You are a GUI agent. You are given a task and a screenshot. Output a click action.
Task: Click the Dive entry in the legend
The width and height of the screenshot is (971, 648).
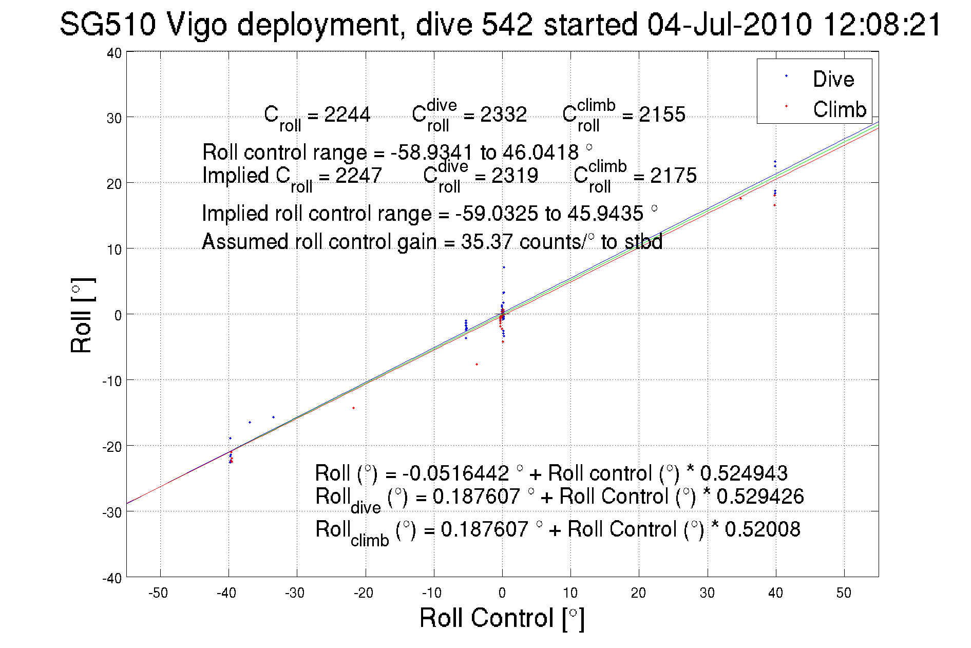[833, 79]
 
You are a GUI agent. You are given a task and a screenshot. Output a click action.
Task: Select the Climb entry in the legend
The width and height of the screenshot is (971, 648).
[839, 109]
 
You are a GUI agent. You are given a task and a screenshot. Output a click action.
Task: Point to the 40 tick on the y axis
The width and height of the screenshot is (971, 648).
[114, 53]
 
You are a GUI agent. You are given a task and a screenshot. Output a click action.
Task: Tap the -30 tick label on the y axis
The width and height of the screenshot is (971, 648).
[112, 512]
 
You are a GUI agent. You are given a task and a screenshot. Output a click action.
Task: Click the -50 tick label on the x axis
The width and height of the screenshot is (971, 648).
[158, 593]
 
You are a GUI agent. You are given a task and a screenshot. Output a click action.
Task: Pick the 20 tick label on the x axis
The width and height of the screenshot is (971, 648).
[638, 593]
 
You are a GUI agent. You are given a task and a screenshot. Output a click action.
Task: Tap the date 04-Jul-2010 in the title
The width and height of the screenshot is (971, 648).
[729, 24]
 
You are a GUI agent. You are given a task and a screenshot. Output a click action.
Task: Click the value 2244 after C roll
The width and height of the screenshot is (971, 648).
[347, 115]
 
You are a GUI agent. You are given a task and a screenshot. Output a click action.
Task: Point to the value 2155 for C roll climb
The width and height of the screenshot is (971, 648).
[662, 115]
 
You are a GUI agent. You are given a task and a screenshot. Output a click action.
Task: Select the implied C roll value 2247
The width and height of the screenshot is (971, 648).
[358, 176]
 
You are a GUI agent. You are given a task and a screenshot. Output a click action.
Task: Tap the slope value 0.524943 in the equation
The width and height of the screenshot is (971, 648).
[744, 473]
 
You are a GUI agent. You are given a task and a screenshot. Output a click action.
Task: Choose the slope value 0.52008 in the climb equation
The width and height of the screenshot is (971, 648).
[762, 529]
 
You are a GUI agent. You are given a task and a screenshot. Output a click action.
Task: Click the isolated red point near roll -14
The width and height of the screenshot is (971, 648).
[353, 408]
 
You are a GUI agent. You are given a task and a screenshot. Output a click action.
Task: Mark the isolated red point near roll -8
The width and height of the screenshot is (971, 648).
[477, 365]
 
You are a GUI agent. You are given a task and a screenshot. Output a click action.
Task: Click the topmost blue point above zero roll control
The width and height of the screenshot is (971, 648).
[504, 267]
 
